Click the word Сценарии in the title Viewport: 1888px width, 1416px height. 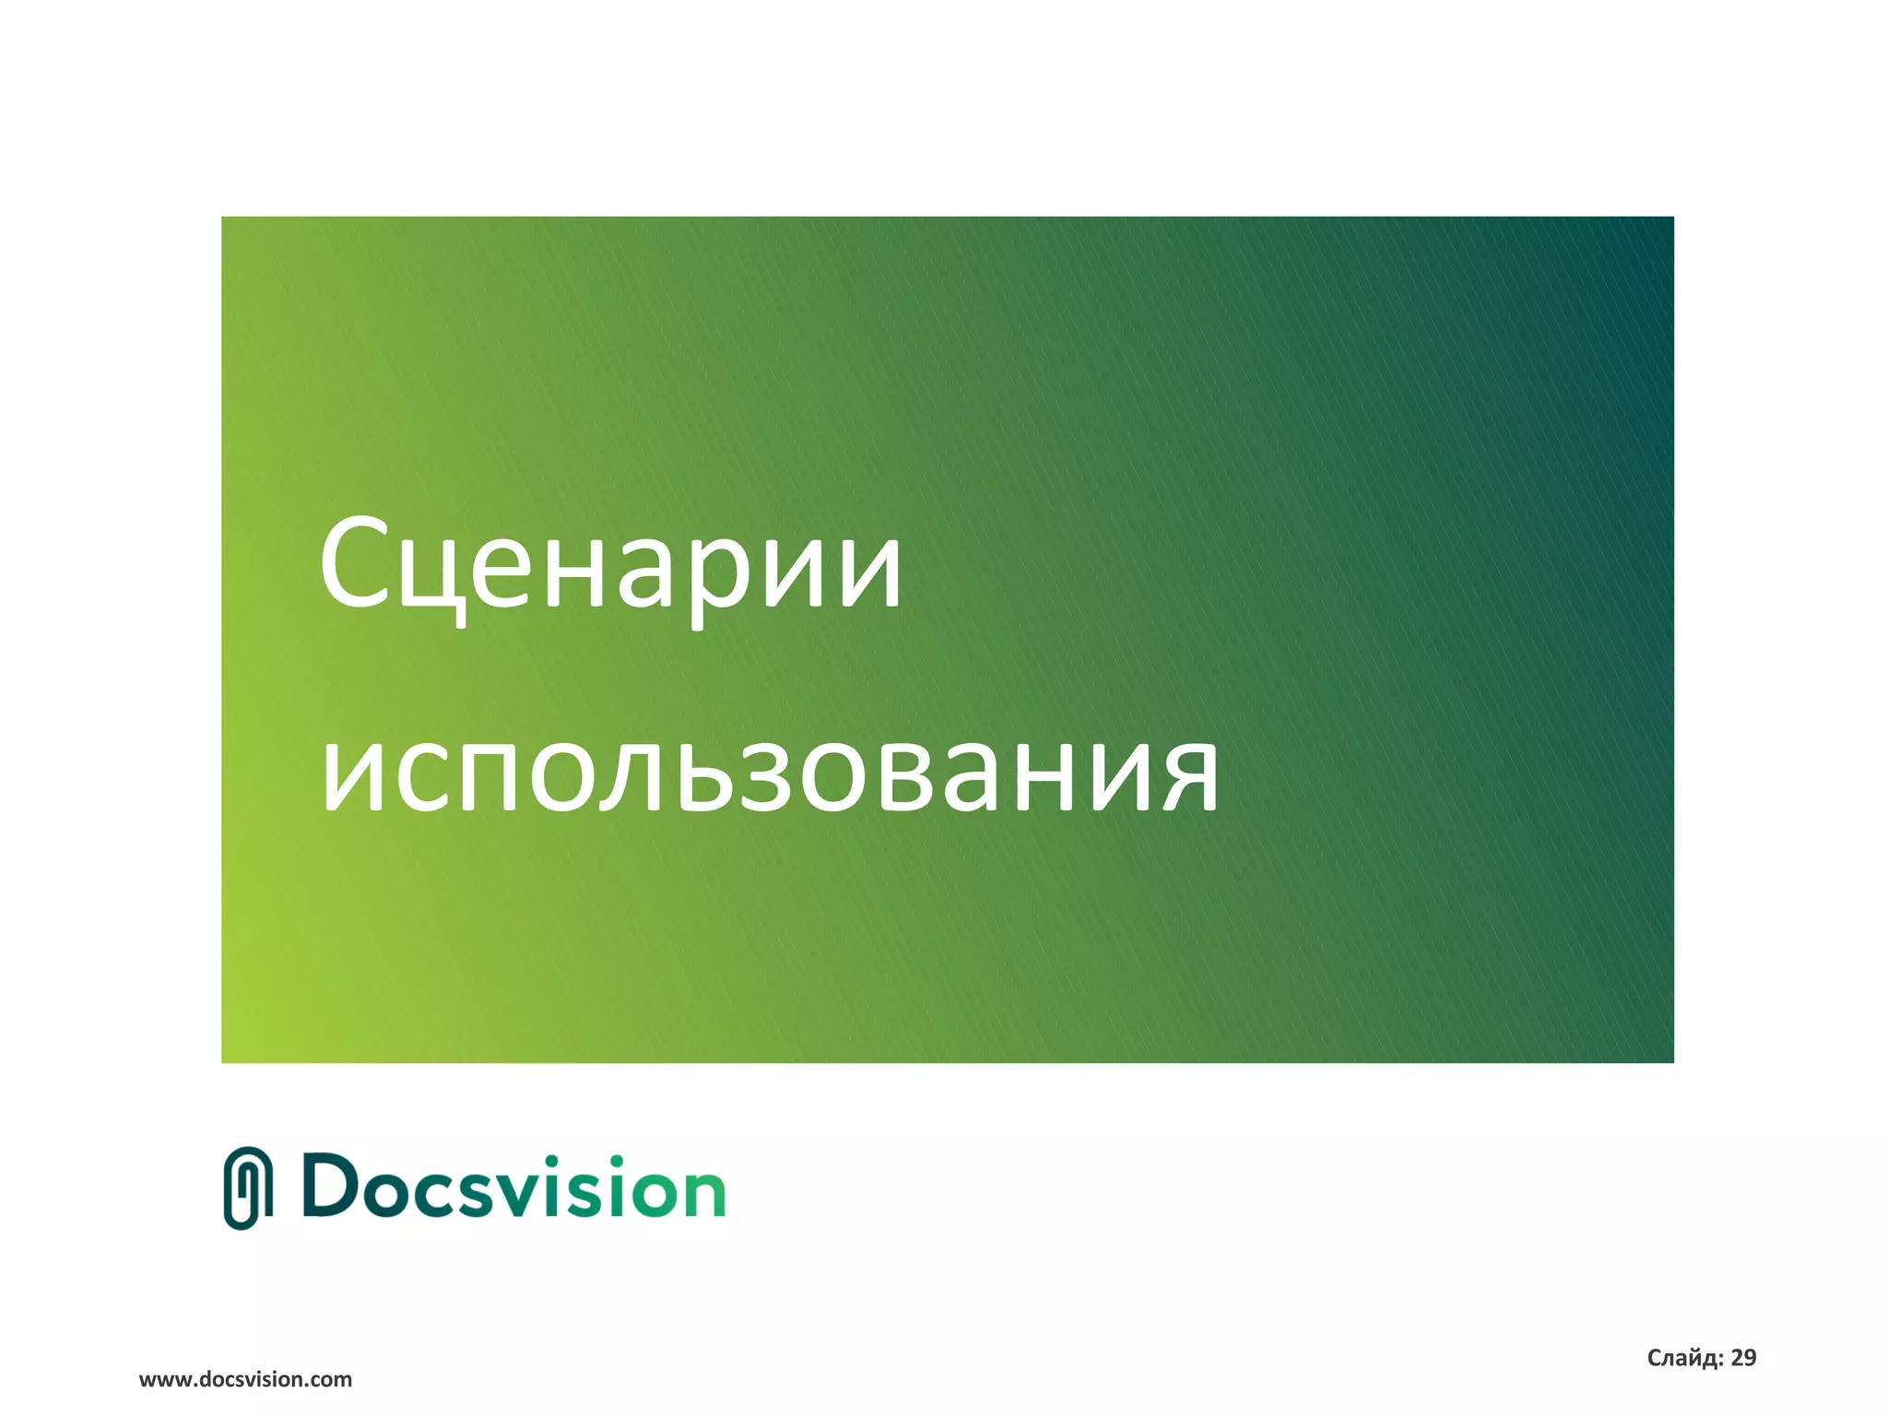tap(610, 564)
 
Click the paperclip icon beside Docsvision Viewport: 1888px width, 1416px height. tap(248, 1188)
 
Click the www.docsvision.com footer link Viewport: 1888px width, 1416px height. tap(245, 1380)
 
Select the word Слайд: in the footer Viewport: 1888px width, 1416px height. tap(1684, 1358)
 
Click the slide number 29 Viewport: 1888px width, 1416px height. tap(1743, 1358)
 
